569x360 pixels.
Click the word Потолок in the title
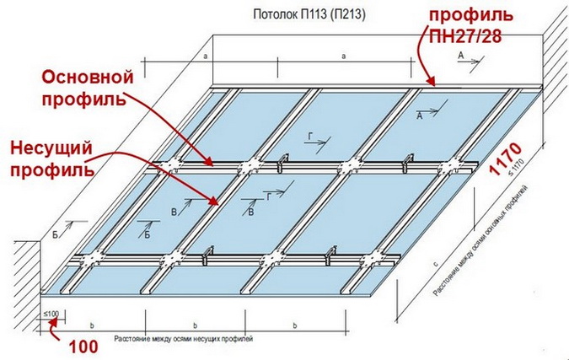tap(272, 15)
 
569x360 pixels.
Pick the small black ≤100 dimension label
tap(52, 314)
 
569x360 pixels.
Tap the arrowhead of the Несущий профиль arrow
tap(221, 202)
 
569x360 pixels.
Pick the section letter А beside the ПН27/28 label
tap(460, 55)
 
